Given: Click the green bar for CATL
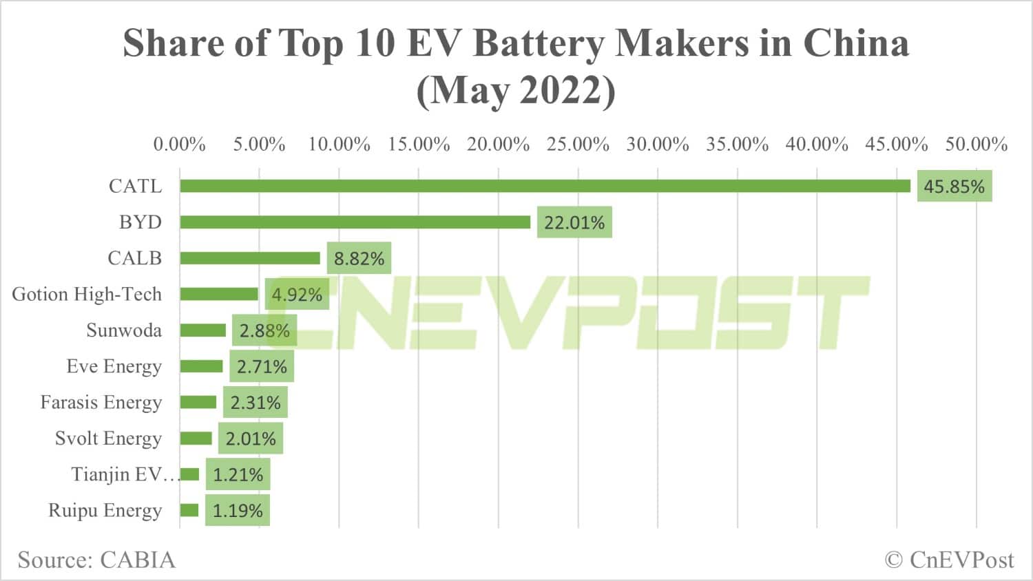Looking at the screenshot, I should coord(544,186).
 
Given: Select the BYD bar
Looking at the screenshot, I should coord(355,222).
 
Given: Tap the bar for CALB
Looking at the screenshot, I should coord(250,258).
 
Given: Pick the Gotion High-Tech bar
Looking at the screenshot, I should coord(219,294).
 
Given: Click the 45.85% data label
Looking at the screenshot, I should coord(954,187).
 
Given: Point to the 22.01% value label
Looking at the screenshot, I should coord(574,223).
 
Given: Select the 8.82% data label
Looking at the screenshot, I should coord(359,259).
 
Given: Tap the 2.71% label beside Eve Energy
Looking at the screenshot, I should coord(262,367).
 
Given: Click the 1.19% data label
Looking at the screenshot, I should coord(238,511).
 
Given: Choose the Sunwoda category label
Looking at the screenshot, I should coord(124,330).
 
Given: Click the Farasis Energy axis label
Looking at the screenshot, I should coord(101,402).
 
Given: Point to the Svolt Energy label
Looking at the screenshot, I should coord(108,439).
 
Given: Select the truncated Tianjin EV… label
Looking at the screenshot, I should coord(124,474).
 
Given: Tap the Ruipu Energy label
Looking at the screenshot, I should coord(105,511).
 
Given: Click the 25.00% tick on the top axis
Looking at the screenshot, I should coord(578,145).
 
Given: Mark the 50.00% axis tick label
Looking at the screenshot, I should coord(976,145).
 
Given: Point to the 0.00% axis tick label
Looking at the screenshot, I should coord(179,145).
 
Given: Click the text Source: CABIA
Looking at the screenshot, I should coord(96,560).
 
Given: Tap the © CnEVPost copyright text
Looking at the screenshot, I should coord(949,560).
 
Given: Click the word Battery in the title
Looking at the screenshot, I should coord(540,43).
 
